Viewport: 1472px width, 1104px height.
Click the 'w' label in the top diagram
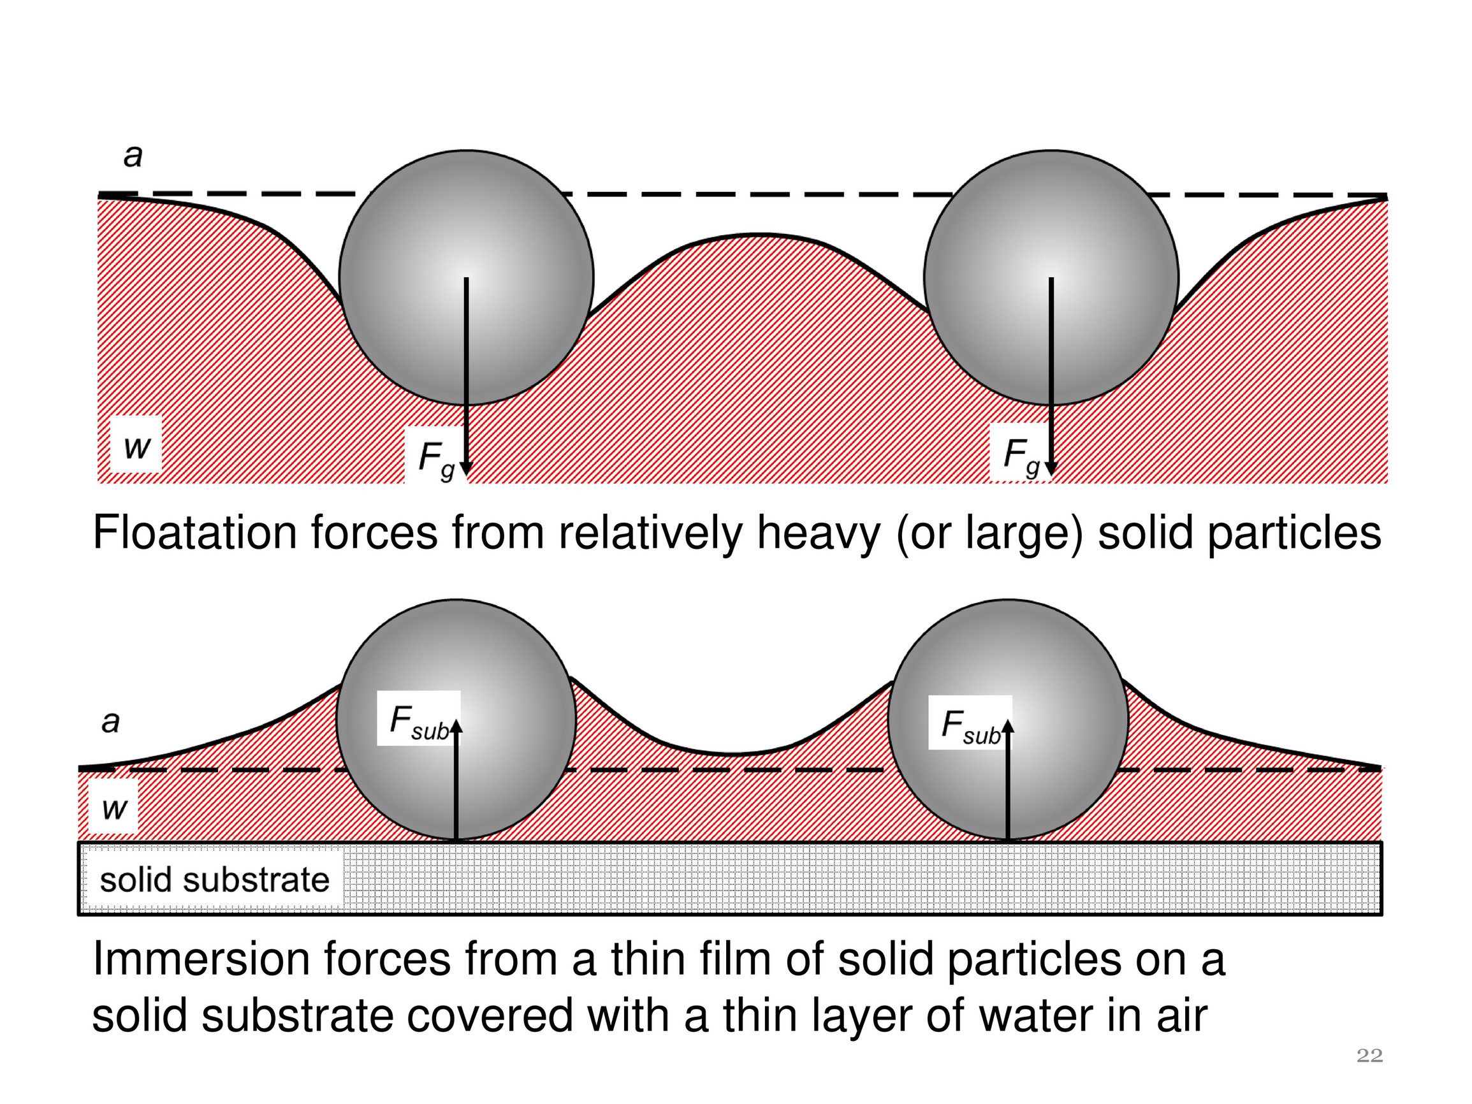[136, 446]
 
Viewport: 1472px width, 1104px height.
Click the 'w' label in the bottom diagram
[113, 808]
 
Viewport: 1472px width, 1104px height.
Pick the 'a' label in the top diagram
[133, 156]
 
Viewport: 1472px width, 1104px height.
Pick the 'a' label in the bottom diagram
[110, 722]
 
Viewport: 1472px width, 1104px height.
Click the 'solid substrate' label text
[214, 880]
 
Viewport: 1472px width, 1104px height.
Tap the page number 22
[1369, 1056]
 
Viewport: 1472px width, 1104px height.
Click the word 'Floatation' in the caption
[194, 533]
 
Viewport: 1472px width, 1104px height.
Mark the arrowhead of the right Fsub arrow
[1008, 726]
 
